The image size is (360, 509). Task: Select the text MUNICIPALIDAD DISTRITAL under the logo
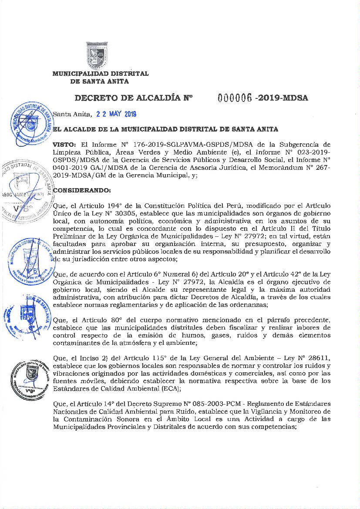coord(100,74)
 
